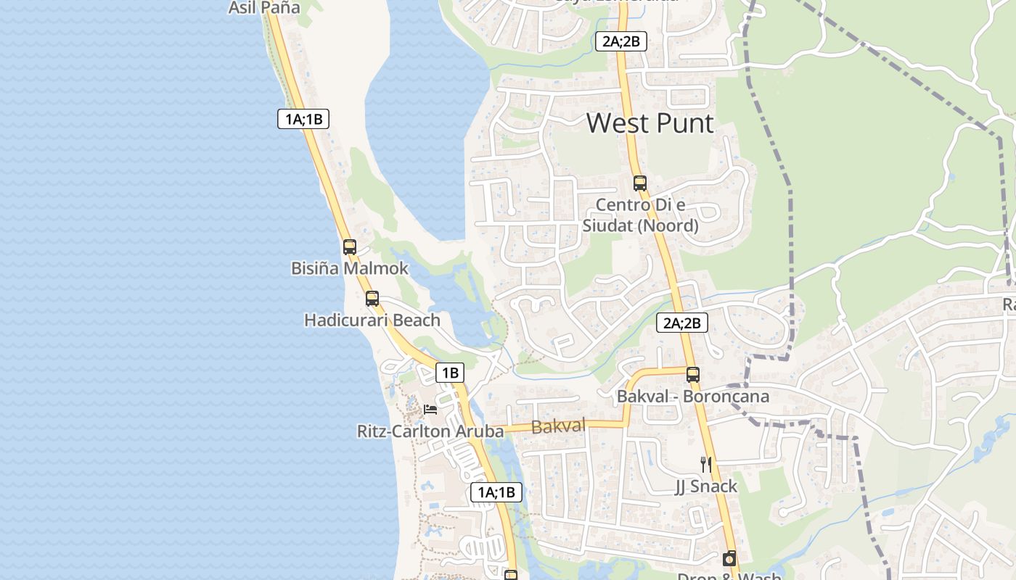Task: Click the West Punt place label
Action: [650, 123]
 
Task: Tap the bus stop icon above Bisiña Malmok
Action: [350, 246]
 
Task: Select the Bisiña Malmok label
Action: [350, 268]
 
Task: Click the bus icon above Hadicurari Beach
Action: [372, 298]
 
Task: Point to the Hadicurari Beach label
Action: [372, 320]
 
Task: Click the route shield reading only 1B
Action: [450, 373]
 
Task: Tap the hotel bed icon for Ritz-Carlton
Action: [430, 410]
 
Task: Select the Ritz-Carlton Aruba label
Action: [430, 431]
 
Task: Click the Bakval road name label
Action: [558, 426]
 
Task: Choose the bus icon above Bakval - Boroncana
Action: [693, 375]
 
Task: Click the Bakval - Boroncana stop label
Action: [692, 397]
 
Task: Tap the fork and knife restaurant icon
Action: [705, 464]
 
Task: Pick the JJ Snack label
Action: [705, 486]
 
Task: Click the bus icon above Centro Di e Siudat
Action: [639, 183]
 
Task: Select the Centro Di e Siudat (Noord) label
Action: [640, 215]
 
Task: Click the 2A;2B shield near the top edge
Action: [620, 41]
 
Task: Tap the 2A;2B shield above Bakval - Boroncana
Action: [682, 323]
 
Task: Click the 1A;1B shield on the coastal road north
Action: [303, 119]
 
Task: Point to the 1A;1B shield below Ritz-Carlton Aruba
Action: [496, 492]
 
